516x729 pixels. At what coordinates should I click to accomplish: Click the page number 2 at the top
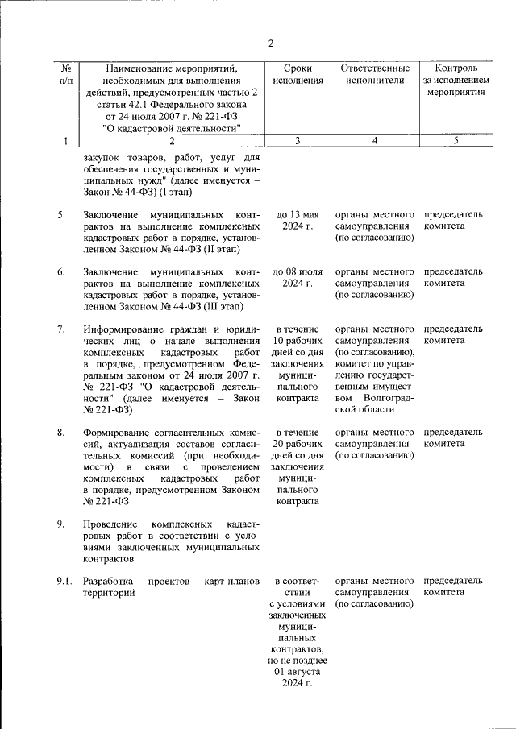point(272,43)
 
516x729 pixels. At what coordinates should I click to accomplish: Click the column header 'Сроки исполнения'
point(298,75)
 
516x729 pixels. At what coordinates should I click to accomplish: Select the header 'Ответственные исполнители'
point(375,75)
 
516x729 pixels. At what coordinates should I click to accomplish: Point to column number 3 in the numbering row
point(298,141)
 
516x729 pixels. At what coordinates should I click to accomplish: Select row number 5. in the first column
point(61,215)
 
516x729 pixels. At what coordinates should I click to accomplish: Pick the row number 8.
point(61,433)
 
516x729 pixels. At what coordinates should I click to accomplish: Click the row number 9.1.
point(64,581)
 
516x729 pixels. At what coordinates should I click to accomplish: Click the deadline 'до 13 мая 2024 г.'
point(298,221)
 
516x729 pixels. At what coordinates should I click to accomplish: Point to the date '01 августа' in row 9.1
point(298,670)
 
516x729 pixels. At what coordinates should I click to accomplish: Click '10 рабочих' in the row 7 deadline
point(298,341)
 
